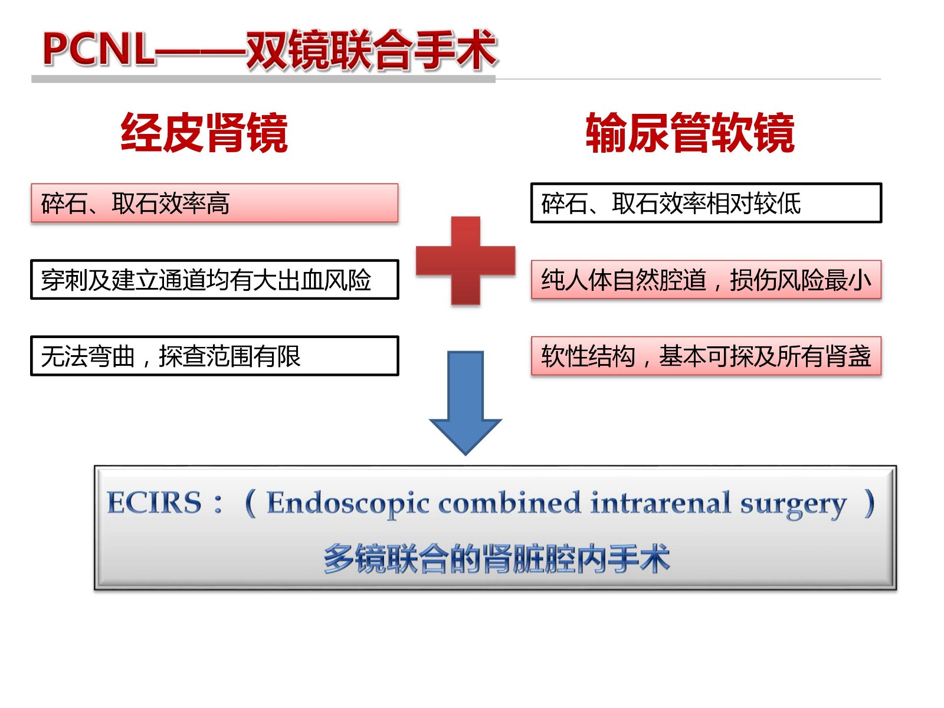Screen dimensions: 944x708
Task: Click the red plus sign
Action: [466, 261]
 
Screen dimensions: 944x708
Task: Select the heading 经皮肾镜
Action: [204, 132]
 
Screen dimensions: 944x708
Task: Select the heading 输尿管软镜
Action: [690, 132]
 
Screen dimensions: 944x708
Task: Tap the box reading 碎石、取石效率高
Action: [215, 203]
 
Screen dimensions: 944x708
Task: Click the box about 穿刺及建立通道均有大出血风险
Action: [215, 280]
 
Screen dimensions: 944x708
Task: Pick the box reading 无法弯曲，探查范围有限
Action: [215, 356]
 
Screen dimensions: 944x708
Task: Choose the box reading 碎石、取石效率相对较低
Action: [706, 203]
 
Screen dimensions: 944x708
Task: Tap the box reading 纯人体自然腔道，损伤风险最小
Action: [706, 280]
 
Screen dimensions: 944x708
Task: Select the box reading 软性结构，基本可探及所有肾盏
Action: [706, 356]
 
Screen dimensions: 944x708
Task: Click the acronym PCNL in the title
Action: [98, 50]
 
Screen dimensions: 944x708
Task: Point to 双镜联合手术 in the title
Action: [372, 50]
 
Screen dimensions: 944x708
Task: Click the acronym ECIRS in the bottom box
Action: [154, 502]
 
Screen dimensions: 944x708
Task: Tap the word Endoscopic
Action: [348, 504]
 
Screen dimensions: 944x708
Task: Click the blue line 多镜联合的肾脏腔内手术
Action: [497, 559]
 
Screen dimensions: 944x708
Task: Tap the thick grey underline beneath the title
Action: [263, 79]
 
